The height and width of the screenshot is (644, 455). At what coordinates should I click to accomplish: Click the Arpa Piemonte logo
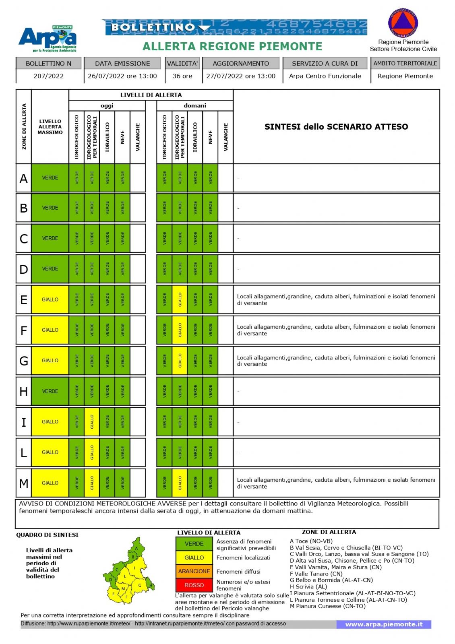coord(48,39)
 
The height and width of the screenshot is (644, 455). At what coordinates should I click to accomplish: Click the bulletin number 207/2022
coord(48,76)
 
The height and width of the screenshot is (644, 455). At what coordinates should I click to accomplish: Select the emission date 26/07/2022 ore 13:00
coord(122,76)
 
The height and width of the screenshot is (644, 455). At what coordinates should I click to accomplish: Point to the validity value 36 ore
coord(182,76)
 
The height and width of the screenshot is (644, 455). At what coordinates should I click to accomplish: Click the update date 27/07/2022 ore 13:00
coord(241,76)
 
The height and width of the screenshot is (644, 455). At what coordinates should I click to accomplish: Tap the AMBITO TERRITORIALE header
coord(405,64)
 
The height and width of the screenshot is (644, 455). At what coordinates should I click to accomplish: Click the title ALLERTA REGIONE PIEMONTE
coord(232,47)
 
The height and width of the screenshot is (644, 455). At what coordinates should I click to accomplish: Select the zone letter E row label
coord(24,300)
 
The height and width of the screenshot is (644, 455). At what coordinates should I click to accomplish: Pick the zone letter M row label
coord(24,483)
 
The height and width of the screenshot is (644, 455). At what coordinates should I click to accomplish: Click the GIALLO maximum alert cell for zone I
coord(50,422)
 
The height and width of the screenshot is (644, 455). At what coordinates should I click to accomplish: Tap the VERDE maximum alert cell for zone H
coord(50,391)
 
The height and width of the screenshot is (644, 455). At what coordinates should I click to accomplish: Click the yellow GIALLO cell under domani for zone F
coord(180,330)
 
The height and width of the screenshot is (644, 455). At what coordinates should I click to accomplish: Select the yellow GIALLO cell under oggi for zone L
coord(92,452)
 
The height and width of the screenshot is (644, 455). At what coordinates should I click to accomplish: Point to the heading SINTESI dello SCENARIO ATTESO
coord(336,127)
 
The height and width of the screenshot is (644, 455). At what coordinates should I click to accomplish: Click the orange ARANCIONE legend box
coord(194,571)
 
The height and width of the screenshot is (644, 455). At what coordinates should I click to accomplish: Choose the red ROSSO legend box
coord(194,585)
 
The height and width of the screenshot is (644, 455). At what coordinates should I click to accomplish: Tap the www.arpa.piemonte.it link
coord(384,624)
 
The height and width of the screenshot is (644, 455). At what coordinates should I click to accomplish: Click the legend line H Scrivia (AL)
coord(308,587)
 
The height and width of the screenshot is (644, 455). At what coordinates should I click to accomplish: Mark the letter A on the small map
coord(137,548)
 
